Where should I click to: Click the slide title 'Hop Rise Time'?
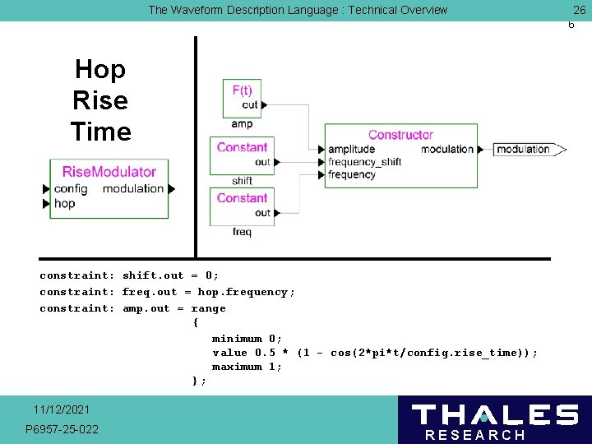click(x=100, y=100)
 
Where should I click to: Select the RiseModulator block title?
click(x=109, y=171)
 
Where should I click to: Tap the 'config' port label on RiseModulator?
click(x=71, y=188)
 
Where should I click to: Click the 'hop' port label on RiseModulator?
click(x=64, y=203)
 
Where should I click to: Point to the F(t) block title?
click(x=242, y=90)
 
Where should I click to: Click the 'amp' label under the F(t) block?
click(x=242, y=124)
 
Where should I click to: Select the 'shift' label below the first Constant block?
click(x=242, y=181)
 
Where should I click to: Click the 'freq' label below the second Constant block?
click(x=242, y=232)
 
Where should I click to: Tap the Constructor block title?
click(x=400, y=135)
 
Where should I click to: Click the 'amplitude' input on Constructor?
click(x=351, y=149)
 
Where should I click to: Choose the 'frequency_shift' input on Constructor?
click(x=364, y=162)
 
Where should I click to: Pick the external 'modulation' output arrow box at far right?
click(x=528, y=149)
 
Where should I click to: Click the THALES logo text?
click(x=494, y=414)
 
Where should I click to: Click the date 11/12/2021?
click(x=62, y=409)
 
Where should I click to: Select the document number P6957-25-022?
click(x=62, y=429)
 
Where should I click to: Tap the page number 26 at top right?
click(x=579, y=10)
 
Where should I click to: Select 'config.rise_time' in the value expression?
click(x=478, y=353)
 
